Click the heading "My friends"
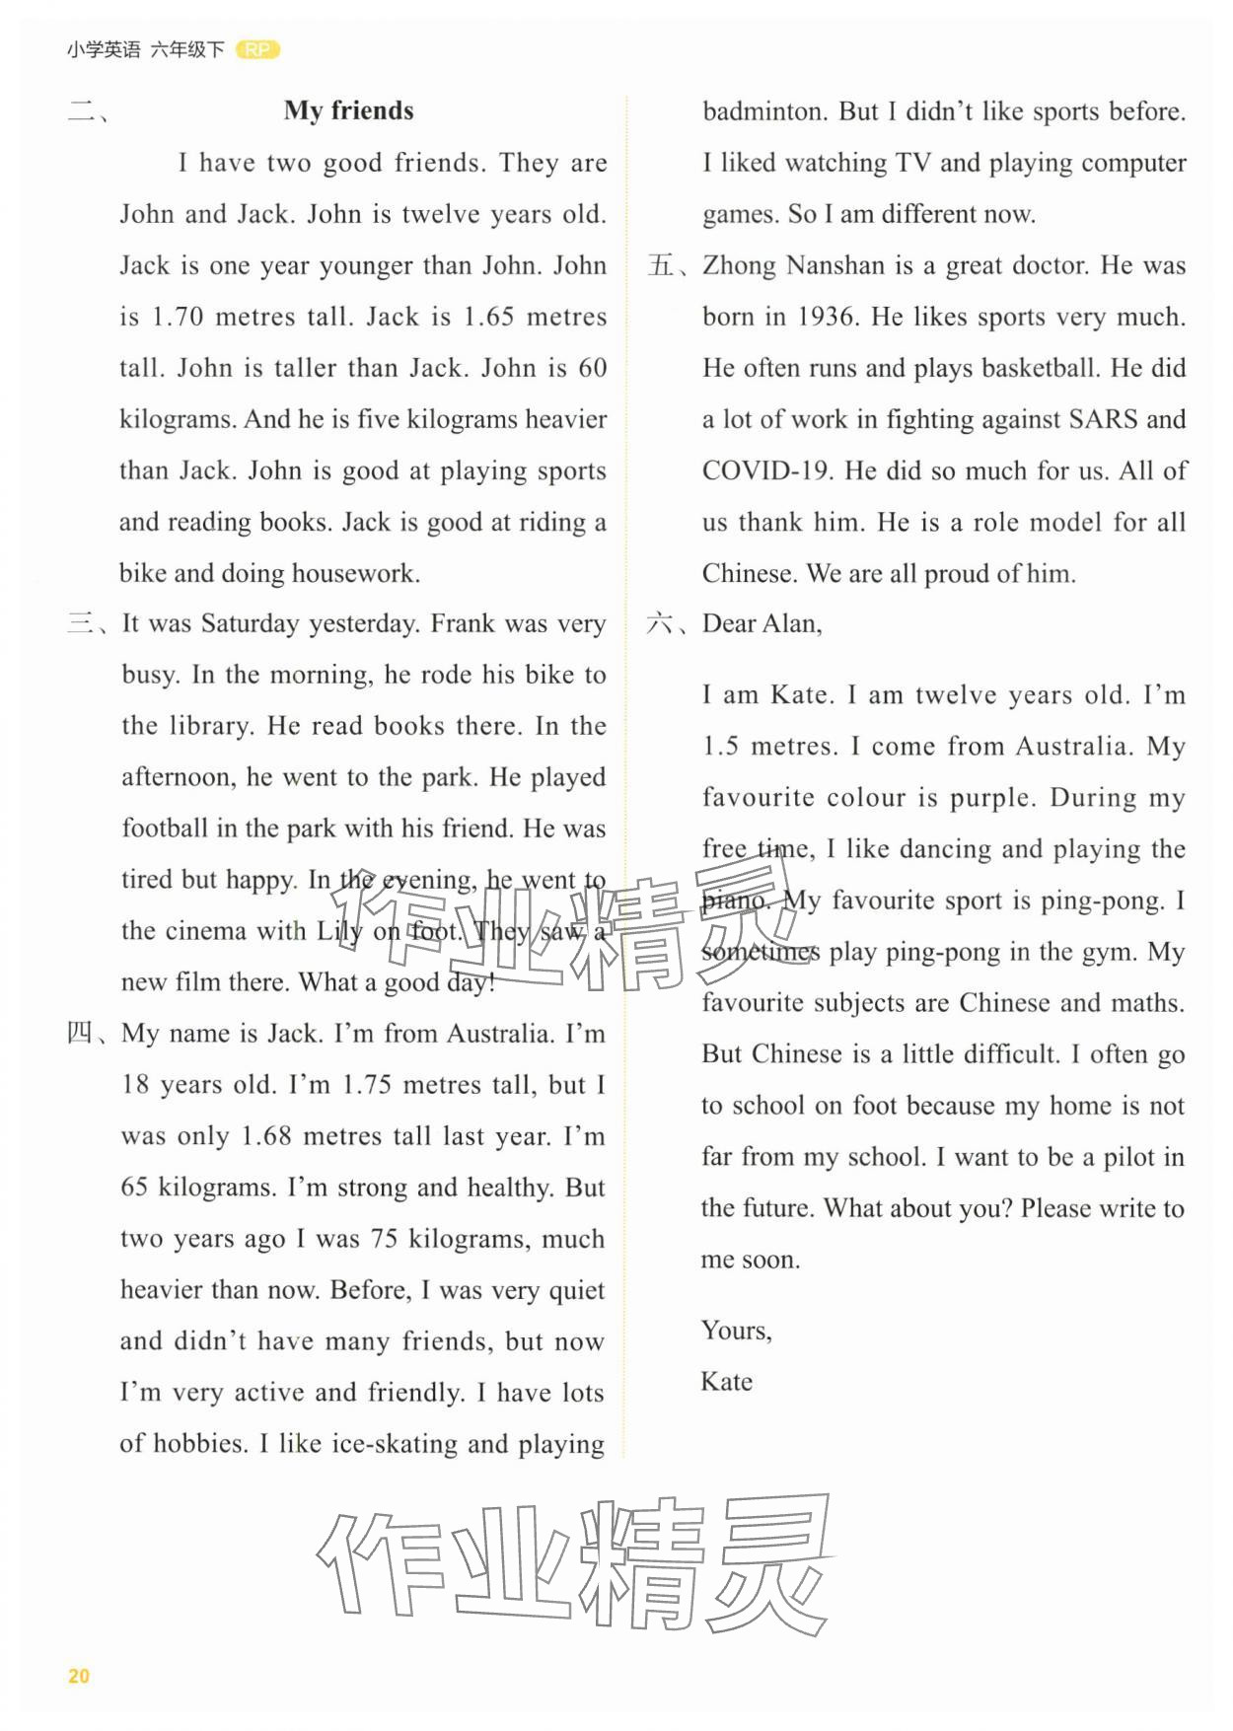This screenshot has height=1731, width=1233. click(x=348, y=110)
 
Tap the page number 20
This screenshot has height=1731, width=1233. click(x=79, y=1675)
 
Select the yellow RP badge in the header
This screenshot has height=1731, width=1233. click(x=258, y=49)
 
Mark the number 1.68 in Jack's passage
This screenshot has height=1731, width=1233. click(x=266, y=1136)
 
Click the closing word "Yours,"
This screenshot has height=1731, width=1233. click(x=736, y=1331)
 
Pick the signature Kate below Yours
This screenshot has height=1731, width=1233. click(x=726, y=1382)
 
